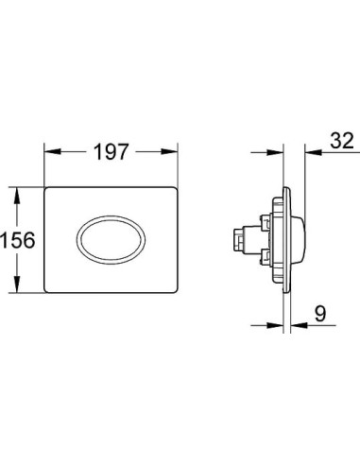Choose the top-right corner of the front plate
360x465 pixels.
click(x=177, y=190)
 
